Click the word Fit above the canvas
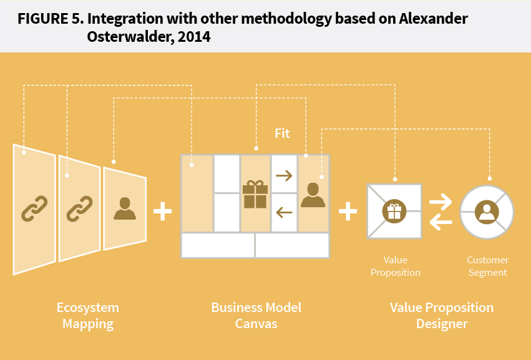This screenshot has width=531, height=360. click(282, 134)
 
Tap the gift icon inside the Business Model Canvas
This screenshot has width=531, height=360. click(255, 193)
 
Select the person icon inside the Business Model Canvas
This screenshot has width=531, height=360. click(313, 195)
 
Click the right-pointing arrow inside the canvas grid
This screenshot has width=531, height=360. click(284, 175)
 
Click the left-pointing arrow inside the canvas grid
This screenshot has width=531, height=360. click(284, 213)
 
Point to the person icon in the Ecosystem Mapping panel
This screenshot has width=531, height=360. click(125, 208)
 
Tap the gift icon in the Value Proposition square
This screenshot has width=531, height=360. click(394, 211)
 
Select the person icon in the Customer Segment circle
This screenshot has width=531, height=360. click(486, 212)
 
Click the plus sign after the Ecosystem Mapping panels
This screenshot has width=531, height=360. click(162, 212)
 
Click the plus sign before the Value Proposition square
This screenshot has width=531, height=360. click(348, 212)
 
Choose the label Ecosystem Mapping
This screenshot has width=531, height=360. click(88, 315)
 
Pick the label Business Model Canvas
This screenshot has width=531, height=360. click(256, 315)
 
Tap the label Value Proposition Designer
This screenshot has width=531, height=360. click(442, 315)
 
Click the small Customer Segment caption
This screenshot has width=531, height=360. click(487, 266)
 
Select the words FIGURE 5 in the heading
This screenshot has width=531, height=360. click(48, 19)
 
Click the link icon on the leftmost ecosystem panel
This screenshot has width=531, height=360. click(35, 208)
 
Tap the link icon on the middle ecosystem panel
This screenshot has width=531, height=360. click(80, 208)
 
